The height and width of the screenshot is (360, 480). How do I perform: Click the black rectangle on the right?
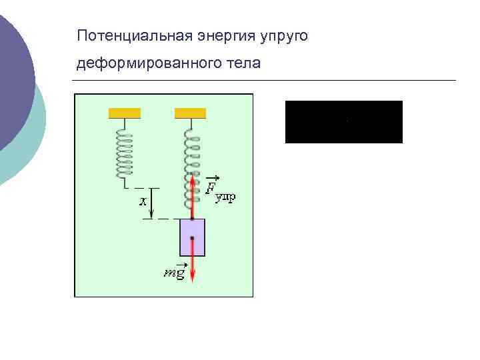tap(343, 122)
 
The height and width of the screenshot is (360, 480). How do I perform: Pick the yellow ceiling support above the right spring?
tap(190, 113)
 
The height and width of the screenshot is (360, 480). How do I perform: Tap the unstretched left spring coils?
tap(124, 153)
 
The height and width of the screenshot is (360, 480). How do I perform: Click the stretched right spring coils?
tap(192, 170)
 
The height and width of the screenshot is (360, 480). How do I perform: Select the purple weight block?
tap(192, 237)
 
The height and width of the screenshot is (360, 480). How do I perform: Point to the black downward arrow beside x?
tap(153, 203)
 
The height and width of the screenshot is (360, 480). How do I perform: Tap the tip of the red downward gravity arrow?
tap(192, 279)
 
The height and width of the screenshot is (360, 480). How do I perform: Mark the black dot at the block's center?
tap(192, 238)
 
